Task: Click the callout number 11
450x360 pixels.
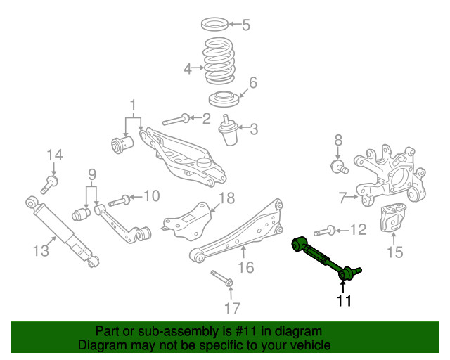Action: [x=342, y=301]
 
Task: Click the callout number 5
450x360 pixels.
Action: [x=245, y=26]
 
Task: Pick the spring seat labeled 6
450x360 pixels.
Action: [x=225, y=98]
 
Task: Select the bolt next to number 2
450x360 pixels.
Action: [x=176, y=119]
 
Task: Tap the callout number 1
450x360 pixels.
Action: [x=132, y=106]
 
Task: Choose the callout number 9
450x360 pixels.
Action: [x=91, y=174]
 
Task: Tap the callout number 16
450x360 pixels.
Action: [x=245, y=267]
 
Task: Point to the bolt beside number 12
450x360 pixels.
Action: [x=324, y=230]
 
